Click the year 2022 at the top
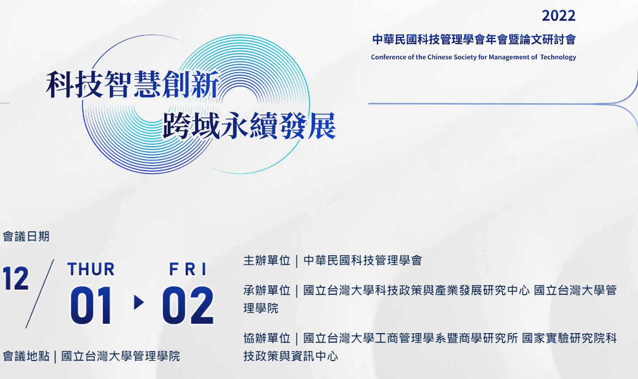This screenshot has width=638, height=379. pyautogui.click(x=559, y=15)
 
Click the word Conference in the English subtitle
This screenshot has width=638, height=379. pyautogui.click(x=388, y=57)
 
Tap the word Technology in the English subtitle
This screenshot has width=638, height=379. pyautogui.click(x=558, y=57)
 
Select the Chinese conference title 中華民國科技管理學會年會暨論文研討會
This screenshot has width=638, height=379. pyautogui.click(x=474, y=39)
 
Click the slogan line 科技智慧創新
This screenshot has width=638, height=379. pyautogui.click(x=132, y=84)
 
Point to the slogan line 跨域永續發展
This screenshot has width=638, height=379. pyautogui.click(x=249, y=126)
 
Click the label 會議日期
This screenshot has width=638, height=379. pyautogui.click(x=26, y=236)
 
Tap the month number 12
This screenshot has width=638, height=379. pyautogui.click(x=15, y=278)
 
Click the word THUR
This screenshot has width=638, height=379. pyautogui.click(x=91, y=269)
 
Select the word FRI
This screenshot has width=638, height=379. pyautogui.click(x=188, y=269)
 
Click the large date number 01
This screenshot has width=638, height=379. pyautogui.click(x=91, y=305)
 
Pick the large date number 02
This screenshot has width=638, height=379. pyautogui.click(x=188, y=305)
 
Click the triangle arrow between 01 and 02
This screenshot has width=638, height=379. pyautogui.click(x=139, y=302)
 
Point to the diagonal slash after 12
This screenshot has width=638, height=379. pyautogui.click(x=39, y=294)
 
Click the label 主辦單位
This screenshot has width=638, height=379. pyautogui.click(x=267, y=260)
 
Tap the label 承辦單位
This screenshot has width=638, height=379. pyautogui.click(x=267, y=291)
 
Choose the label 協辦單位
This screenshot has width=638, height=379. pyautogui.click(x=267, y=338)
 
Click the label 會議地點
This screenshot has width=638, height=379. pyautogui.click(x=26, y=356)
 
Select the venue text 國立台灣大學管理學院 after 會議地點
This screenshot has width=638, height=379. pyautogui.click(x=120, y=356)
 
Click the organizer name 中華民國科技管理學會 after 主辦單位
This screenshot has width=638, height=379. pyautogui.click(x=362, y=260)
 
